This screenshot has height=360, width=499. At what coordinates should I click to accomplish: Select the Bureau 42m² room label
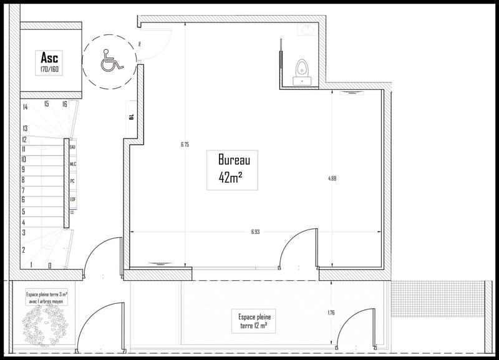(230, 168)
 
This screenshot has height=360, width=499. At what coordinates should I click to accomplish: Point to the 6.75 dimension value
(185, 144)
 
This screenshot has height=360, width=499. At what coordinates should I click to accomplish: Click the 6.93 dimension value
(256, 231)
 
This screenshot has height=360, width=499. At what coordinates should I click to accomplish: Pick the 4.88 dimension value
(332, 178)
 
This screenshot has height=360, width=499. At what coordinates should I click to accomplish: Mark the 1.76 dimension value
(331, 313)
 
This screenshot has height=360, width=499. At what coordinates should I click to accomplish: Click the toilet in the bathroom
(303, 67)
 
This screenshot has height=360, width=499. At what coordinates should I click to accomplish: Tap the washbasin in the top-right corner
(308, 29)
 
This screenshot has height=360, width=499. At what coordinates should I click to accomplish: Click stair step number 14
(25, 107)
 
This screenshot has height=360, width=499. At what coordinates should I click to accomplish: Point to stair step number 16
(64, 104)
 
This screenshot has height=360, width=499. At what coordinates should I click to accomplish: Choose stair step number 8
(23, 180)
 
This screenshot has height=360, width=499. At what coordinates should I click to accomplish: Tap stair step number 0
(49, 265)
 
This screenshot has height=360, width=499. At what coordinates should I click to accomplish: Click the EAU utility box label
(73, 147)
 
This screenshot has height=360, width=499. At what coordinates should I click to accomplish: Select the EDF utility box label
(73, 199)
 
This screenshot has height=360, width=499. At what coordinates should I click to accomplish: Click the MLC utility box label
(73, 164)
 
